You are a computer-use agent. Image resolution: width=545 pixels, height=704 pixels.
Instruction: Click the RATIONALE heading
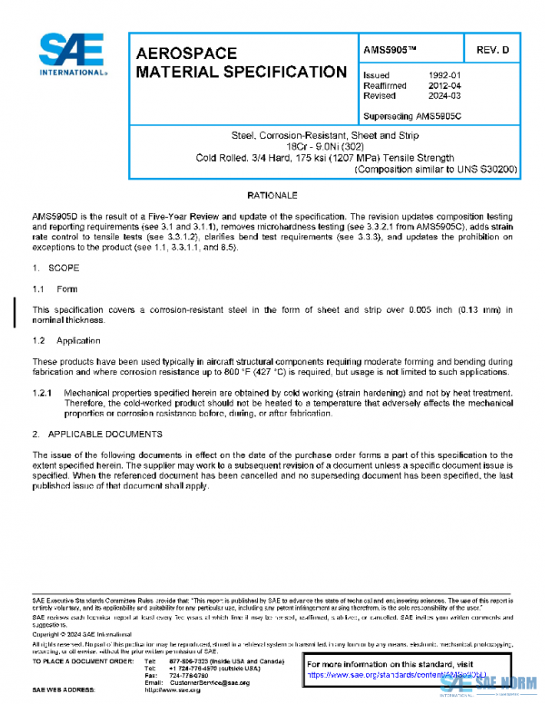click(272, 196)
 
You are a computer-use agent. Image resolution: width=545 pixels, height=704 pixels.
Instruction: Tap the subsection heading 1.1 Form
click(55, 288)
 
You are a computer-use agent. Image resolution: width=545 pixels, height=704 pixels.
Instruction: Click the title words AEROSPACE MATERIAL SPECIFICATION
click(240, 63)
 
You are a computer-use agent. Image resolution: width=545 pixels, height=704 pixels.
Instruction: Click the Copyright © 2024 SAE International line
click(80, 635)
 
